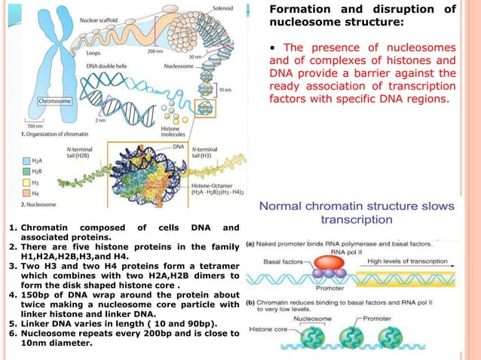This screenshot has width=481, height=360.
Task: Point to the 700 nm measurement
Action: coord(35,126)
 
